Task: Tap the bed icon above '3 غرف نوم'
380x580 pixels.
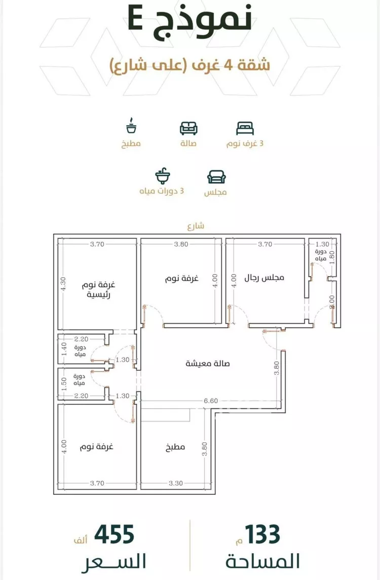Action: [x=245, y=128]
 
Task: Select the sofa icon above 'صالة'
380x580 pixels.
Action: [x=188, y=128]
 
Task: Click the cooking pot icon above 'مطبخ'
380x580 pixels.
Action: [x=131, y=126]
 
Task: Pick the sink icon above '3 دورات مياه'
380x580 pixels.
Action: [x=163, y=176]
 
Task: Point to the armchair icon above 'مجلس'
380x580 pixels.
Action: [x=216, y=177]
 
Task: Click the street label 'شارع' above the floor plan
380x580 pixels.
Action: [x=196, y=226]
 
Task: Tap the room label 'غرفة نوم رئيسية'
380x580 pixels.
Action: [x=99, y=290]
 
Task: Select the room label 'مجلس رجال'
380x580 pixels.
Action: [x=264, y=278]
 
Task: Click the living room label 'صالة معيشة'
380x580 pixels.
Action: [x=208, y=364]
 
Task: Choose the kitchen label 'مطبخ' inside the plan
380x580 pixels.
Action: [x=175, y=447]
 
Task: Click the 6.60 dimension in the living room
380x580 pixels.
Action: [x=211, y=401]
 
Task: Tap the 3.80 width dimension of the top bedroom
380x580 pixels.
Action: [x=181, y=244]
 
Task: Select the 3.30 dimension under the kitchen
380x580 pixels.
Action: [x=176, y=483]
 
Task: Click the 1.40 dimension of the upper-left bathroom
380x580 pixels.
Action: [x=64, y=349]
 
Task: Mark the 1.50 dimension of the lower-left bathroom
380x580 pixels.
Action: [x=64, y=384]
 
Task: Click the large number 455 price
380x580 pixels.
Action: [x=115, y=534]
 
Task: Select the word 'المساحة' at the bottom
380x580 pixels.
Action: [x=263, y=561]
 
